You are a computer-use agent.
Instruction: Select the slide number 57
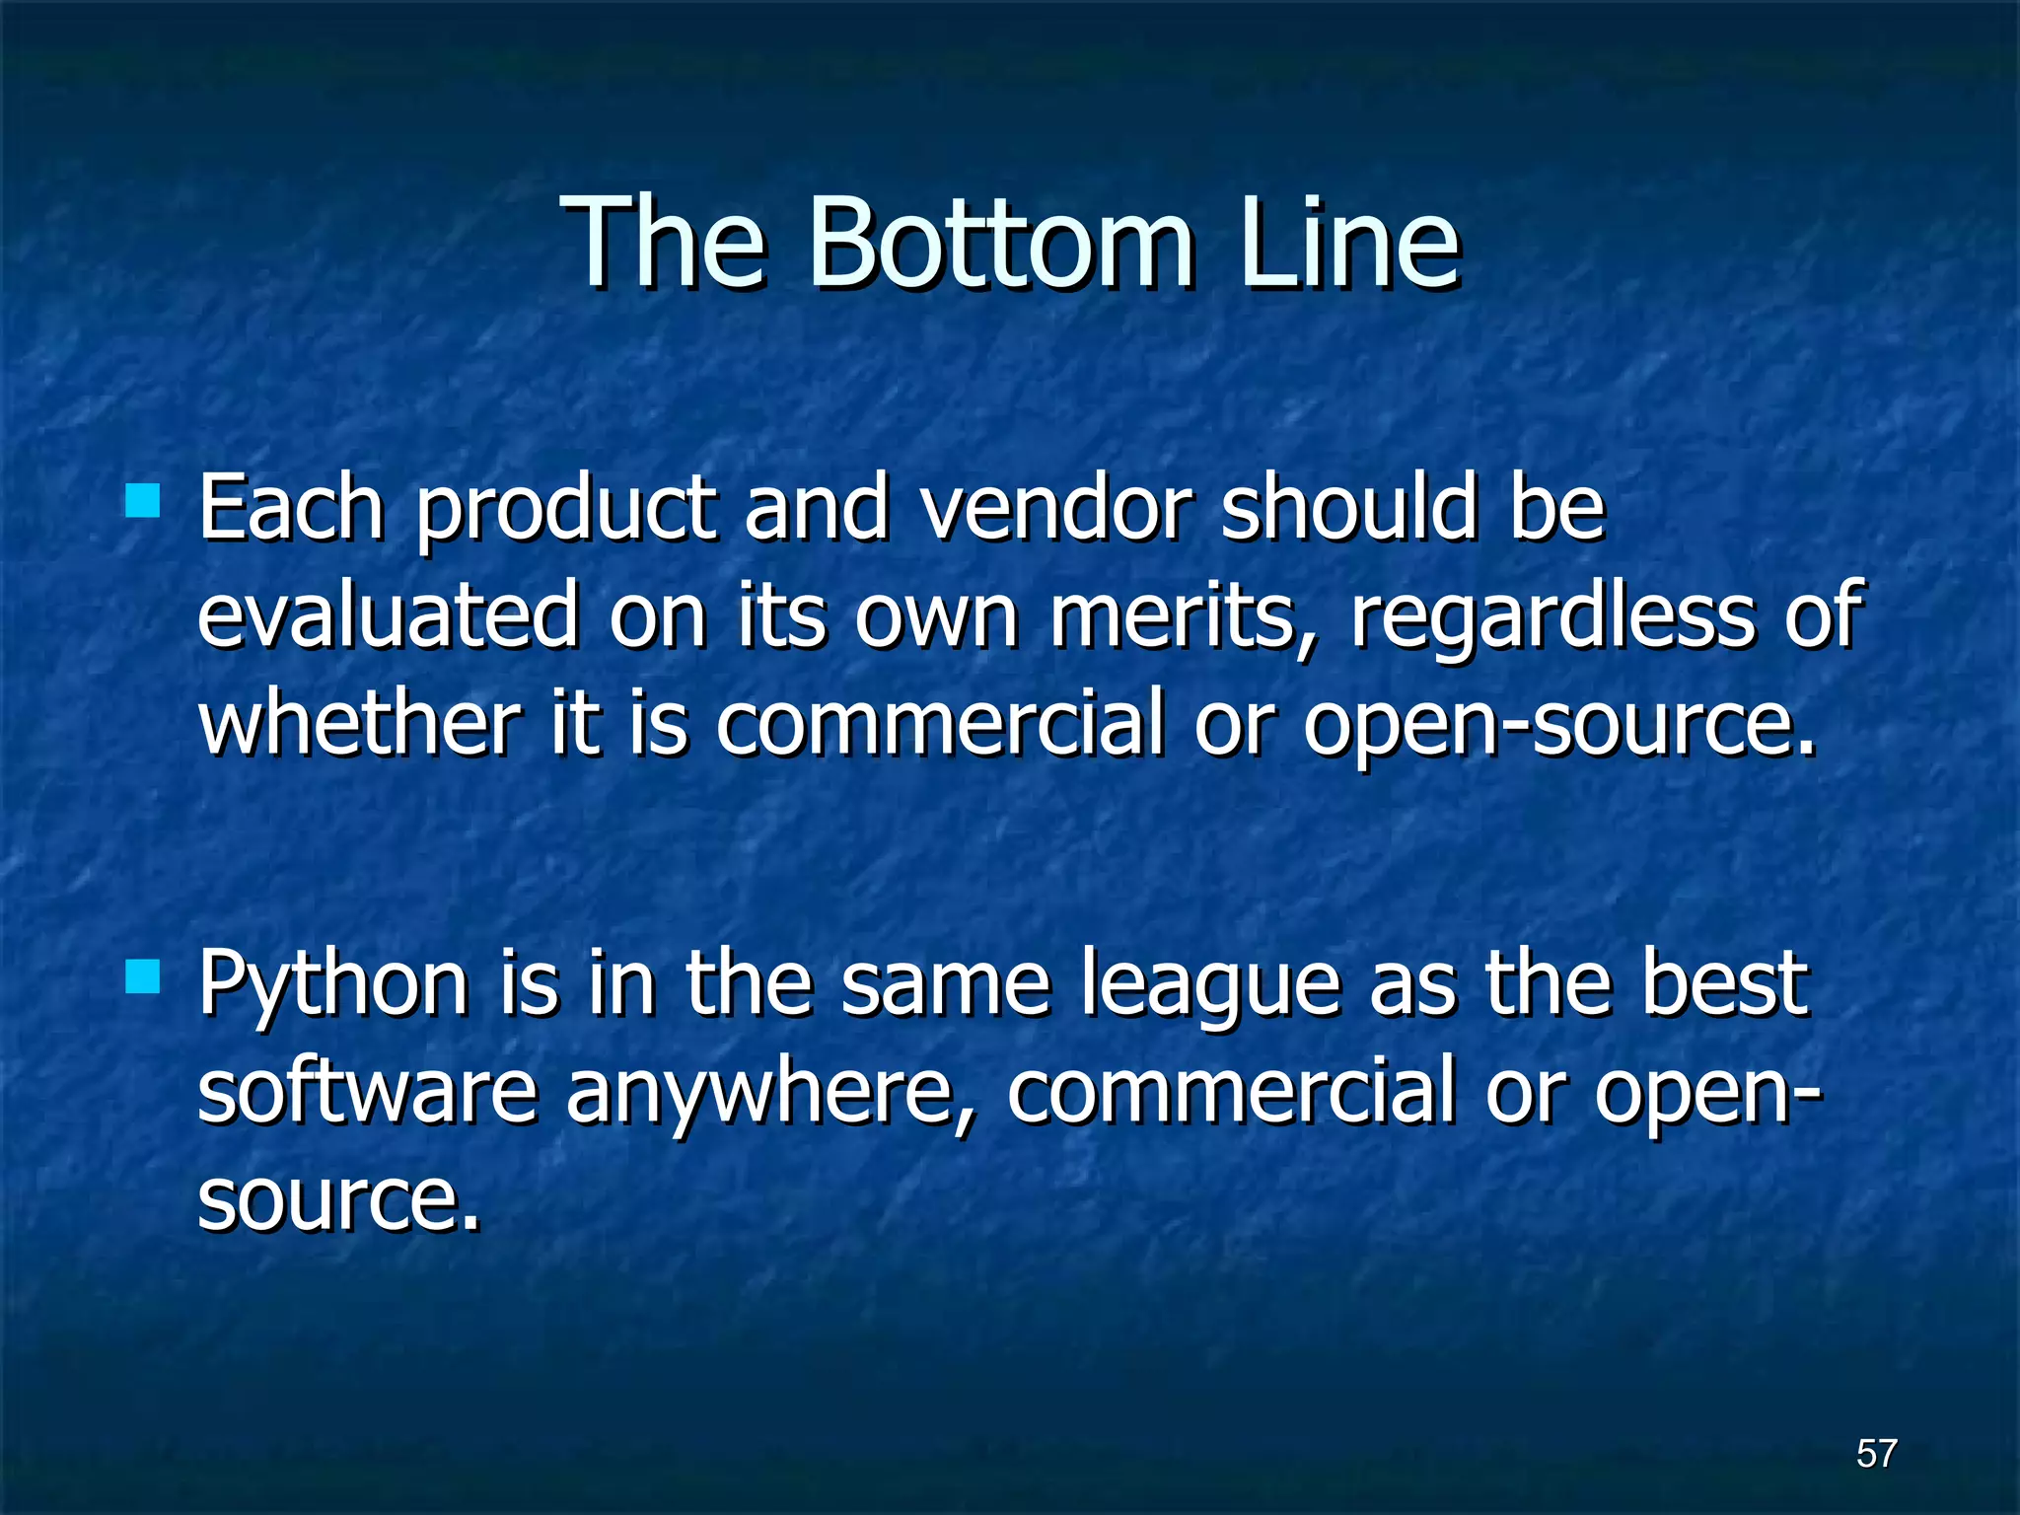coord(1876,1453)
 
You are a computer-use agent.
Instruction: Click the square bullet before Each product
coord(143,500)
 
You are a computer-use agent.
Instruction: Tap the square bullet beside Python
coord(143,977)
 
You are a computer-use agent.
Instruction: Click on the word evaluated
coord(388,616)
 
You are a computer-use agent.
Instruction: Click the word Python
coord(333,986)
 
